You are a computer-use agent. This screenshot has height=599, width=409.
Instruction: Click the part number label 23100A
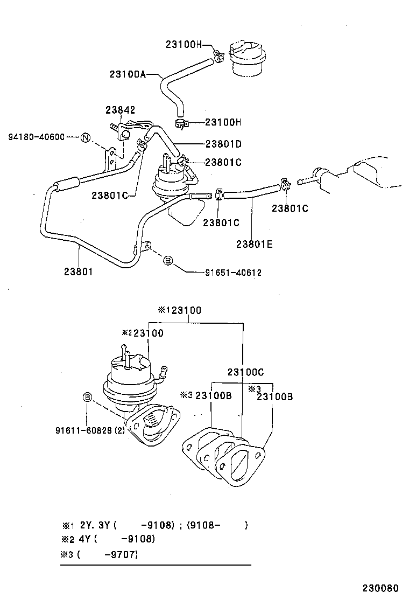pos(128,74)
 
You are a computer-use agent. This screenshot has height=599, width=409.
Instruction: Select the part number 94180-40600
pos(36,137)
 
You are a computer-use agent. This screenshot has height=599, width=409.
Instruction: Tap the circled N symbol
pos(86,138)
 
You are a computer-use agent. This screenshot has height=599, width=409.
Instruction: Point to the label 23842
pos(120,110)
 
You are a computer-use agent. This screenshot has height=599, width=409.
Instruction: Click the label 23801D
pos(223,144)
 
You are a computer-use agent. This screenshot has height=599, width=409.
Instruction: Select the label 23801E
pos(254,244)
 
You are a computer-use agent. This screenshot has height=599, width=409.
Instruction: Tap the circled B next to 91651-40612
pos(168,261)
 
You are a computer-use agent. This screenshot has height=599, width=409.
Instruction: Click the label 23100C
pos(245,372)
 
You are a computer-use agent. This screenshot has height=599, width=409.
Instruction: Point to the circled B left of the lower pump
pos(87,398)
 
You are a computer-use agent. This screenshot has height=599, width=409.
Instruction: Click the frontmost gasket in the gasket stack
pos(239,464)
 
